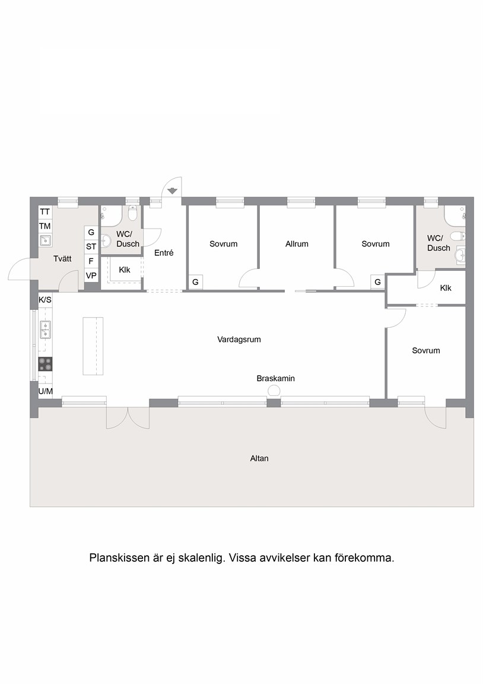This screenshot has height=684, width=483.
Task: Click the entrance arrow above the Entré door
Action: (x=172, y=190)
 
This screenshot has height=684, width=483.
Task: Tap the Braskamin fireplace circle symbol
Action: (x=274, y=391)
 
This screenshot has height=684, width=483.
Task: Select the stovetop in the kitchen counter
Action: (x=45, y=364)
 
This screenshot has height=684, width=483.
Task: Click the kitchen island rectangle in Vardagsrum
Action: (x=93, y=346)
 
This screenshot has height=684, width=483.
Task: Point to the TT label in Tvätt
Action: (x=45, y=212)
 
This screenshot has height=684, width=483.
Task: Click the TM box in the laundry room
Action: (x=45, y=226)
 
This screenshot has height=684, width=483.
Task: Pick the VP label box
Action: (x=91, y=275)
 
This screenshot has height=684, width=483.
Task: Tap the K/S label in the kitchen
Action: (x=45, y=300)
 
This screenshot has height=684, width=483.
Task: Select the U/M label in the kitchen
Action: (x=46, y=391)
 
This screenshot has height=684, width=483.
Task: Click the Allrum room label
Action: (x=297, y=244)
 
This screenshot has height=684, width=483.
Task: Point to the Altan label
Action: (x=259, y=458)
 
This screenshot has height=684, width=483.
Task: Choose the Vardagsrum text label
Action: (x=239, y=340)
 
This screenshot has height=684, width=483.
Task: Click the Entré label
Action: (x=164, y=252)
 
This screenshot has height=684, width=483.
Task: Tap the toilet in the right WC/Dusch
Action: (x=458, y=236)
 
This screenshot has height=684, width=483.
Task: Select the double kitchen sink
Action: (x=45, y=330)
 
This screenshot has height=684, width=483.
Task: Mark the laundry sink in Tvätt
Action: (x=45, y=240)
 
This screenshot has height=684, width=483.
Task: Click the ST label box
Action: (x=91, y=247)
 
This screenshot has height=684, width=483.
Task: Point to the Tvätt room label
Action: (x=62, y=259)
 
